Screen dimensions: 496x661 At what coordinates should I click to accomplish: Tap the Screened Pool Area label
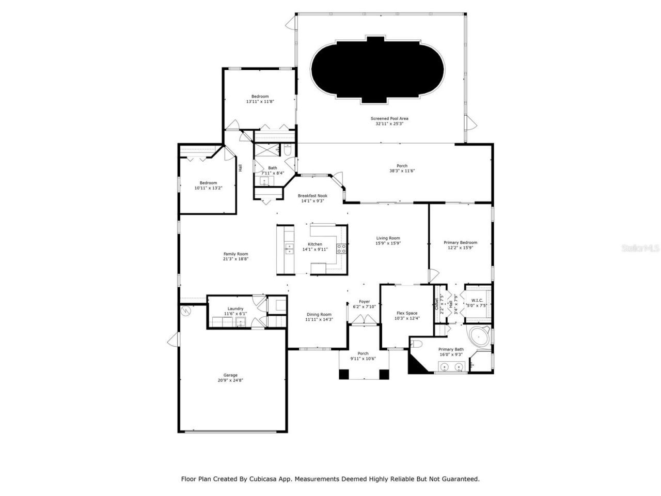(389, 118)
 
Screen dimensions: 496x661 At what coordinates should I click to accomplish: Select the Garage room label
(230, 375)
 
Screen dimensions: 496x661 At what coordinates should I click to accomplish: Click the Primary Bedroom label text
(460, 242)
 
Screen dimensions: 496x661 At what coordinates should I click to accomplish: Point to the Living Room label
(388, 238)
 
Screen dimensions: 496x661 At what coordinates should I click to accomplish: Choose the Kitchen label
(315, 244)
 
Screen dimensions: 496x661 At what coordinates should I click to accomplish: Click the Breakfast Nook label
(312, 196)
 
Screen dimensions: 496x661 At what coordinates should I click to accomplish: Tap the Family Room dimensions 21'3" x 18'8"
(235, 259)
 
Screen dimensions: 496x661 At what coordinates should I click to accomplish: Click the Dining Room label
(319, 314)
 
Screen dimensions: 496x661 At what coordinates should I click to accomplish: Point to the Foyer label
(364, 302)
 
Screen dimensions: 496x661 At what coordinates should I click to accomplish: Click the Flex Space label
(407, 313)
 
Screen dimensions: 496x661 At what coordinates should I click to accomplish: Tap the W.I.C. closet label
(477, 300)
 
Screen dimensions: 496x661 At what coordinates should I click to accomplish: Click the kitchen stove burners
(341, 250)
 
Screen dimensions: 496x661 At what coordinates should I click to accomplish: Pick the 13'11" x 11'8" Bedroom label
(260, 97)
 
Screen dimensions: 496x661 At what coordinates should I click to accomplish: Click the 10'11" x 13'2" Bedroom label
(209, 183)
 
